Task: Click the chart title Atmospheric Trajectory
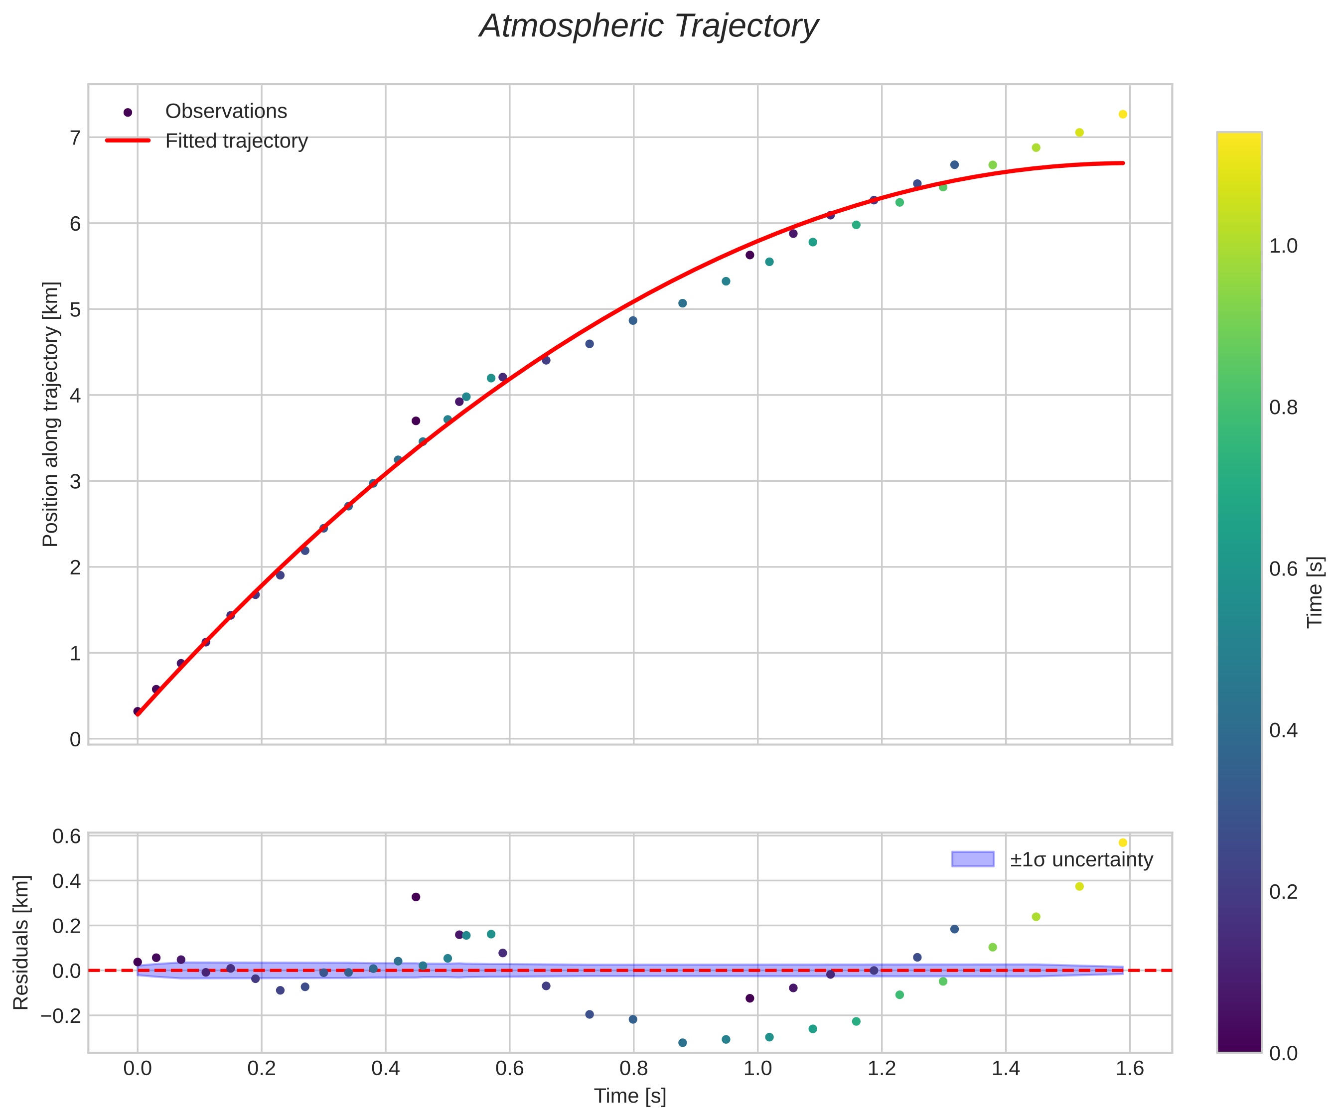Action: coord(649,27)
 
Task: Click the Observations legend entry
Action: coord(226,112)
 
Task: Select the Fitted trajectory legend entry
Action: coord(236,141)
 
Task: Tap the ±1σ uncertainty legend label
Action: coord(1081,860)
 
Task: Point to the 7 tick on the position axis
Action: coord(75,138)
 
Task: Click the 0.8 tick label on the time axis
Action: coord(633,1068)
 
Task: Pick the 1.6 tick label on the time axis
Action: coord(1130,1068)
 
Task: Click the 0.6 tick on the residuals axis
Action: coord(66,836)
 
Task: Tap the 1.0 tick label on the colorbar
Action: coord(1283,247)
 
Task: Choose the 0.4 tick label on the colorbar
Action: coord(1283,730)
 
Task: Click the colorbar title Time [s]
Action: coord(1315,592)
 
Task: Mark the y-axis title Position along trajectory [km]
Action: coord(50,414)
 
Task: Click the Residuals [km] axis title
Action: coord(21,943)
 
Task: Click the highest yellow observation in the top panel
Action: coord(1123,115)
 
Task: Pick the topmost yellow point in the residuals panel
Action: coord(1123,842)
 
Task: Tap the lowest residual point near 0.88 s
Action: coord(682,1043)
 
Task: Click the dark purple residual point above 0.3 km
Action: coord(416,897)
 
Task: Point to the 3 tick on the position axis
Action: coord(75,481)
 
